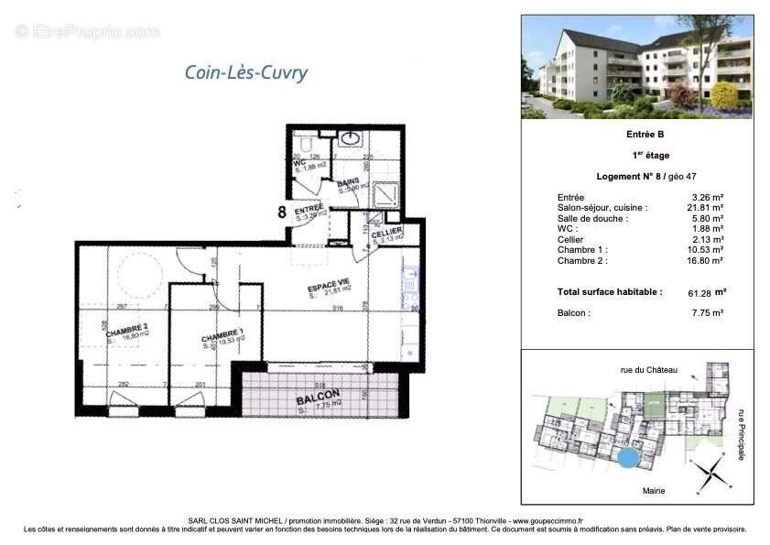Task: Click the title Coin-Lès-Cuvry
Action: point(246,72)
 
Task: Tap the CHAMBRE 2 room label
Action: point(126,332)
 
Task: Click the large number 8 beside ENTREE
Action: point(282,212)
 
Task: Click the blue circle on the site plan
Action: point(627,456)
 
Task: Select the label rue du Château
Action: point(649,370)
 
